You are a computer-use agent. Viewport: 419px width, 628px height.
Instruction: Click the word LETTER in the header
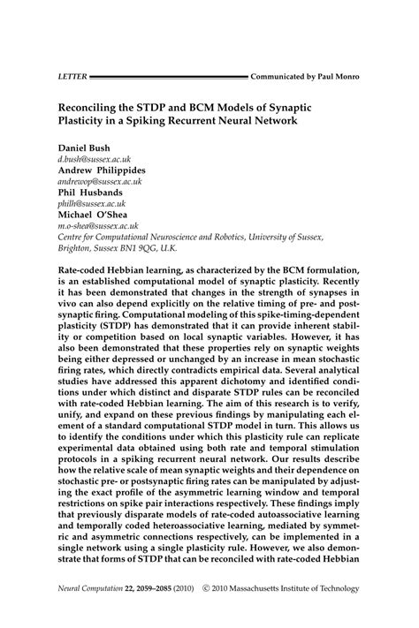[x=72, y=77]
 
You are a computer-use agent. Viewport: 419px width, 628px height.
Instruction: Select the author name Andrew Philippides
[x=103, y=169]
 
